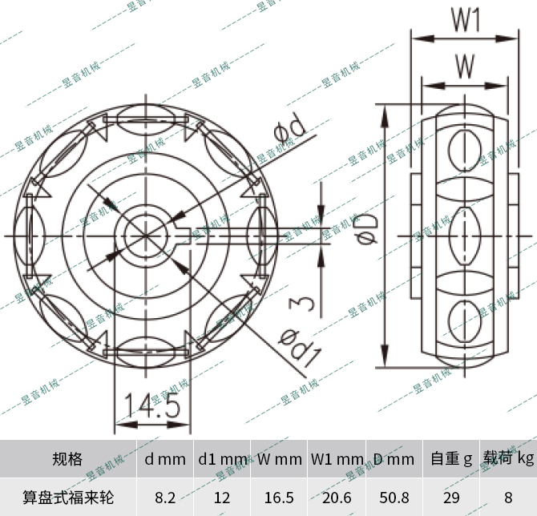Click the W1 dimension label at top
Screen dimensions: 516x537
(x=465, y=20)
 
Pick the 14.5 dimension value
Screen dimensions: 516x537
(x=151, y=407)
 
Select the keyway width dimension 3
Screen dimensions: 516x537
(x=298, y=304)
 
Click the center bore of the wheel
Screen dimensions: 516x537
(x=144, y=235)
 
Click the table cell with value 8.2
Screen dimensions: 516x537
(x=165, y=498)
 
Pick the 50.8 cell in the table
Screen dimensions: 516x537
(x=394, y=498)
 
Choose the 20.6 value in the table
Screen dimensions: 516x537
(x=337, y=498)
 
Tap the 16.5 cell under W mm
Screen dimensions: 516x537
(x=280, y=498)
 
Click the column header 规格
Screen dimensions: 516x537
(x=67, y=459)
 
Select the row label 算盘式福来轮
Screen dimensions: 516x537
(x=67, y=498)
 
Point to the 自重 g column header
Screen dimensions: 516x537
(x=451, y=459)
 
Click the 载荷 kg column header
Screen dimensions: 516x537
(x=508, y=459)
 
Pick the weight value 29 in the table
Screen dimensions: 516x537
(x=451, y=498)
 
